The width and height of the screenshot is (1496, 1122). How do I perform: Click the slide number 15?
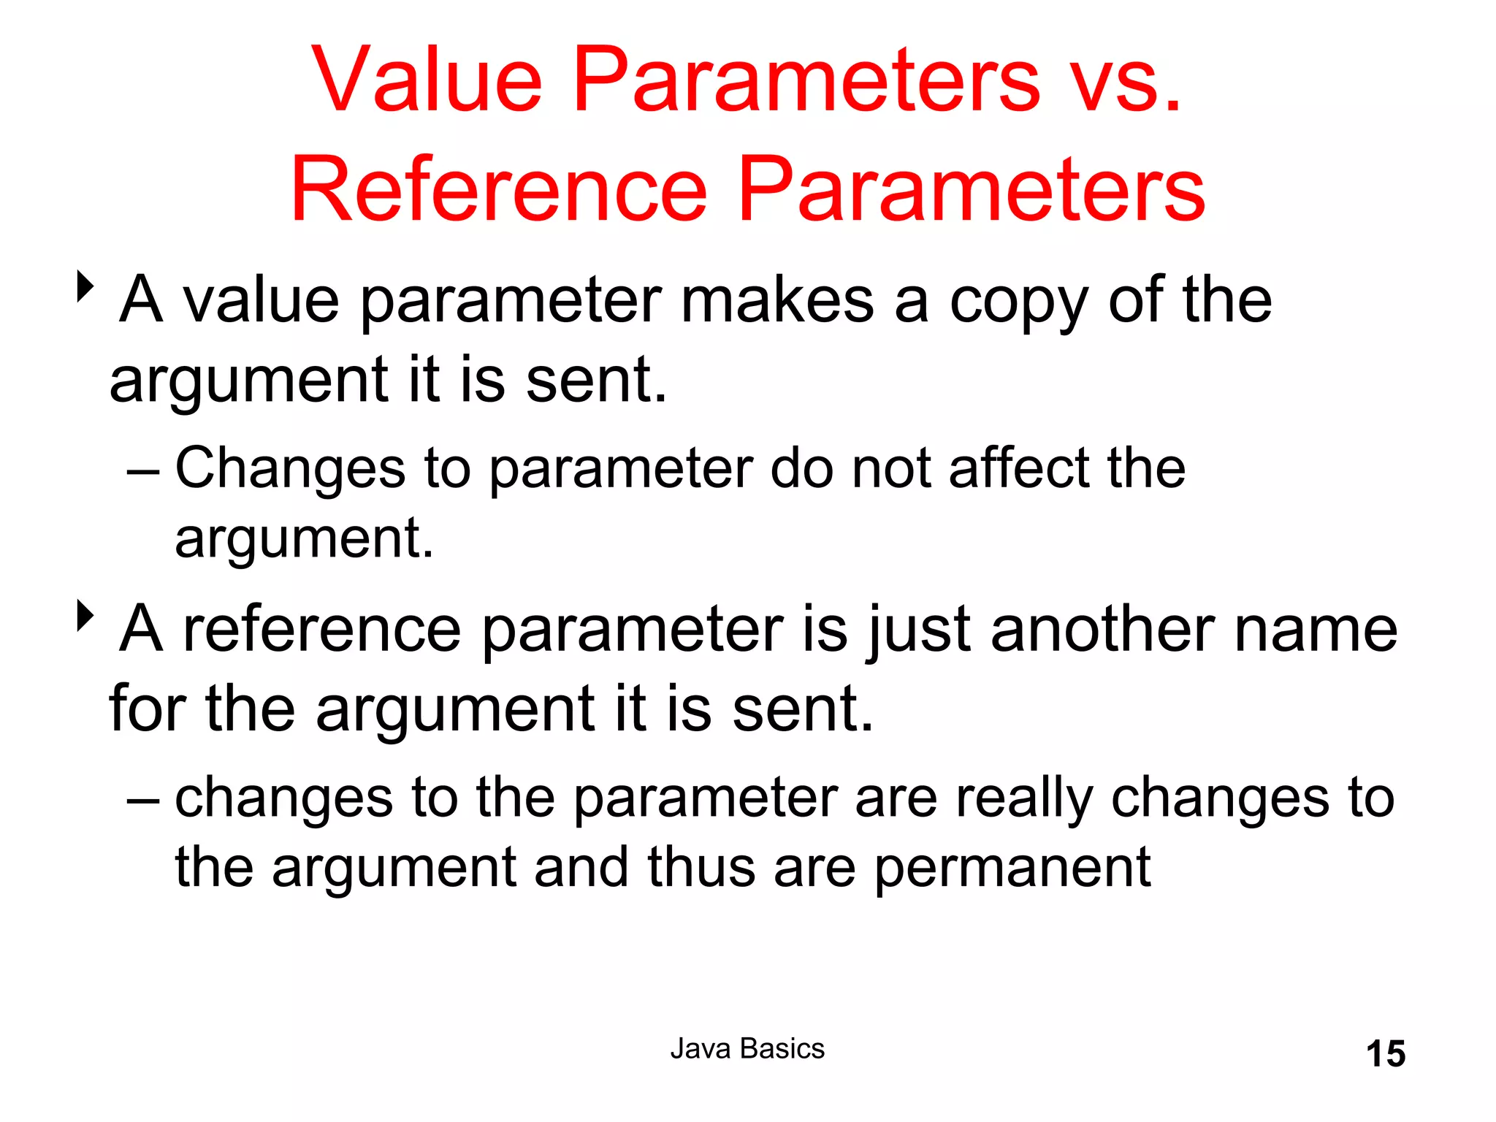(x=1385, y=1054)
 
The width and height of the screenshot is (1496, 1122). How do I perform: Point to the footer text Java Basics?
(x=747, y=1049)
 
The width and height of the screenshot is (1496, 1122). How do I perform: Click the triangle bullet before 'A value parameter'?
(x=85, y=287)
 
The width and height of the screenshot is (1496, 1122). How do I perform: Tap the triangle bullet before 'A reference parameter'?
(x=85, y=616)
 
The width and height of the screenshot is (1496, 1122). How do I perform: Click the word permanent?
(x=1012, y=869)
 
